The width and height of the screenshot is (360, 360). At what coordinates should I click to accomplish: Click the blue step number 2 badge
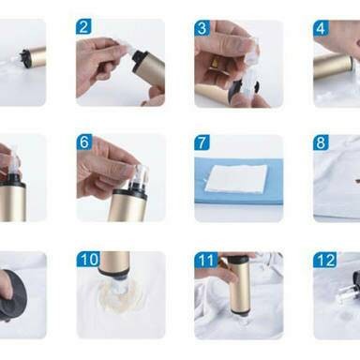pos(83,27)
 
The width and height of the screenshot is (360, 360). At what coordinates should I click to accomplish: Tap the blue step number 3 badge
pos(202,28)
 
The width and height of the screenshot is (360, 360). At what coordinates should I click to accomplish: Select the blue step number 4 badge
pos(321,28)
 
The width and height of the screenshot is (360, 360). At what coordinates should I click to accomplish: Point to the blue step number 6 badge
pos(84,142)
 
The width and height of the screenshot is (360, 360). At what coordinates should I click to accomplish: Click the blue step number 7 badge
pos(202,142)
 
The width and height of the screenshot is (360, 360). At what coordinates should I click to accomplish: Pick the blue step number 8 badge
pos(321,142)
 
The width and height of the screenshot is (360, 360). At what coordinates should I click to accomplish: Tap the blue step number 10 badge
pos(89,259)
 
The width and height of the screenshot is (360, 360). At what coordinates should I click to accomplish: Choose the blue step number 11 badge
pos(206,260)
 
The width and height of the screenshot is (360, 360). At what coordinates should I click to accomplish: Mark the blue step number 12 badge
pos(325,260)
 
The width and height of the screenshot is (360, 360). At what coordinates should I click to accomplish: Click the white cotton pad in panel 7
pos(236,179)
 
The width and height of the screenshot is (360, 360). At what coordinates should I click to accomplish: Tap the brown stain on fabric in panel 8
pos(355,180)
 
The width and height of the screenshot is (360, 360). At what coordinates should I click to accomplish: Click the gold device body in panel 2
pos(153,67)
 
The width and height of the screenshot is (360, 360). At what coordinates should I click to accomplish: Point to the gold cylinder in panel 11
pos(238,284)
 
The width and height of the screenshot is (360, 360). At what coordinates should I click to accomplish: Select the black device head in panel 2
pos(139,58)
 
